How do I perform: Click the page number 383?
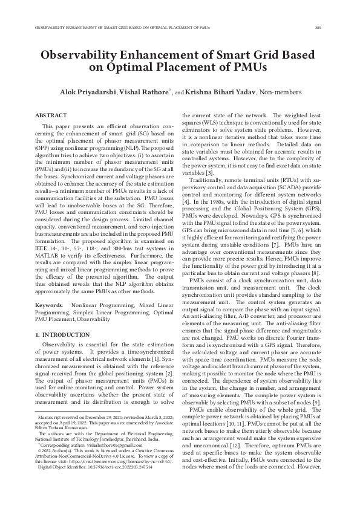coord(318,28)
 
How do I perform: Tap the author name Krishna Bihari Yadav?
coord(223,92)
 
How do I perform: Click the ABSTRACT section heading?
coord(51,114)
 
